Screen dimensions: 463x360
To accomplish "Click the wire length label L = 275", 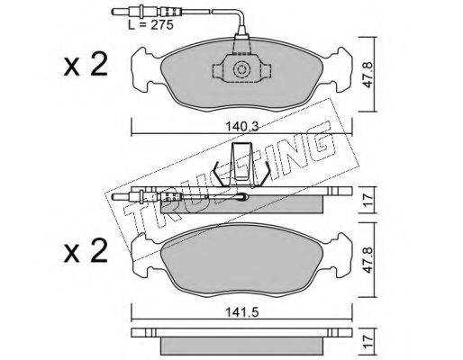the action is coord(150,24).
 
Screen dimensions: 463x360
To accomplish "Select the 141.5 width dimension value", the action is coord(242,312).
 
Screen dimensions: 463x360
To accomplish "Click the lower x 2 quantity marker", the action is coord(86,251).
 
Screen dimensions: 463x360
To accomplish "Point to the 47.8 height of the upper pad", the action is coord(368,75).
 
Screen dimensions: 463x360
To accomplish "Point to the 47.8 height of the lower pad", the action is coord(368,260).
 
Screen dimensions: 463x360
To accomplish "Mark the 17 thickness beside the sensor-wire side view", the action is coord(368,200).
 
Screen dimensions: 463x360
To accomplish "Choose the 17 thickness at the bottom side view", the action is coord(368,341).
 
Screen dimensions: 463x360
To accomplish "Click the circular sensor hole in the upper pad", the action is coord(241,69).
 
